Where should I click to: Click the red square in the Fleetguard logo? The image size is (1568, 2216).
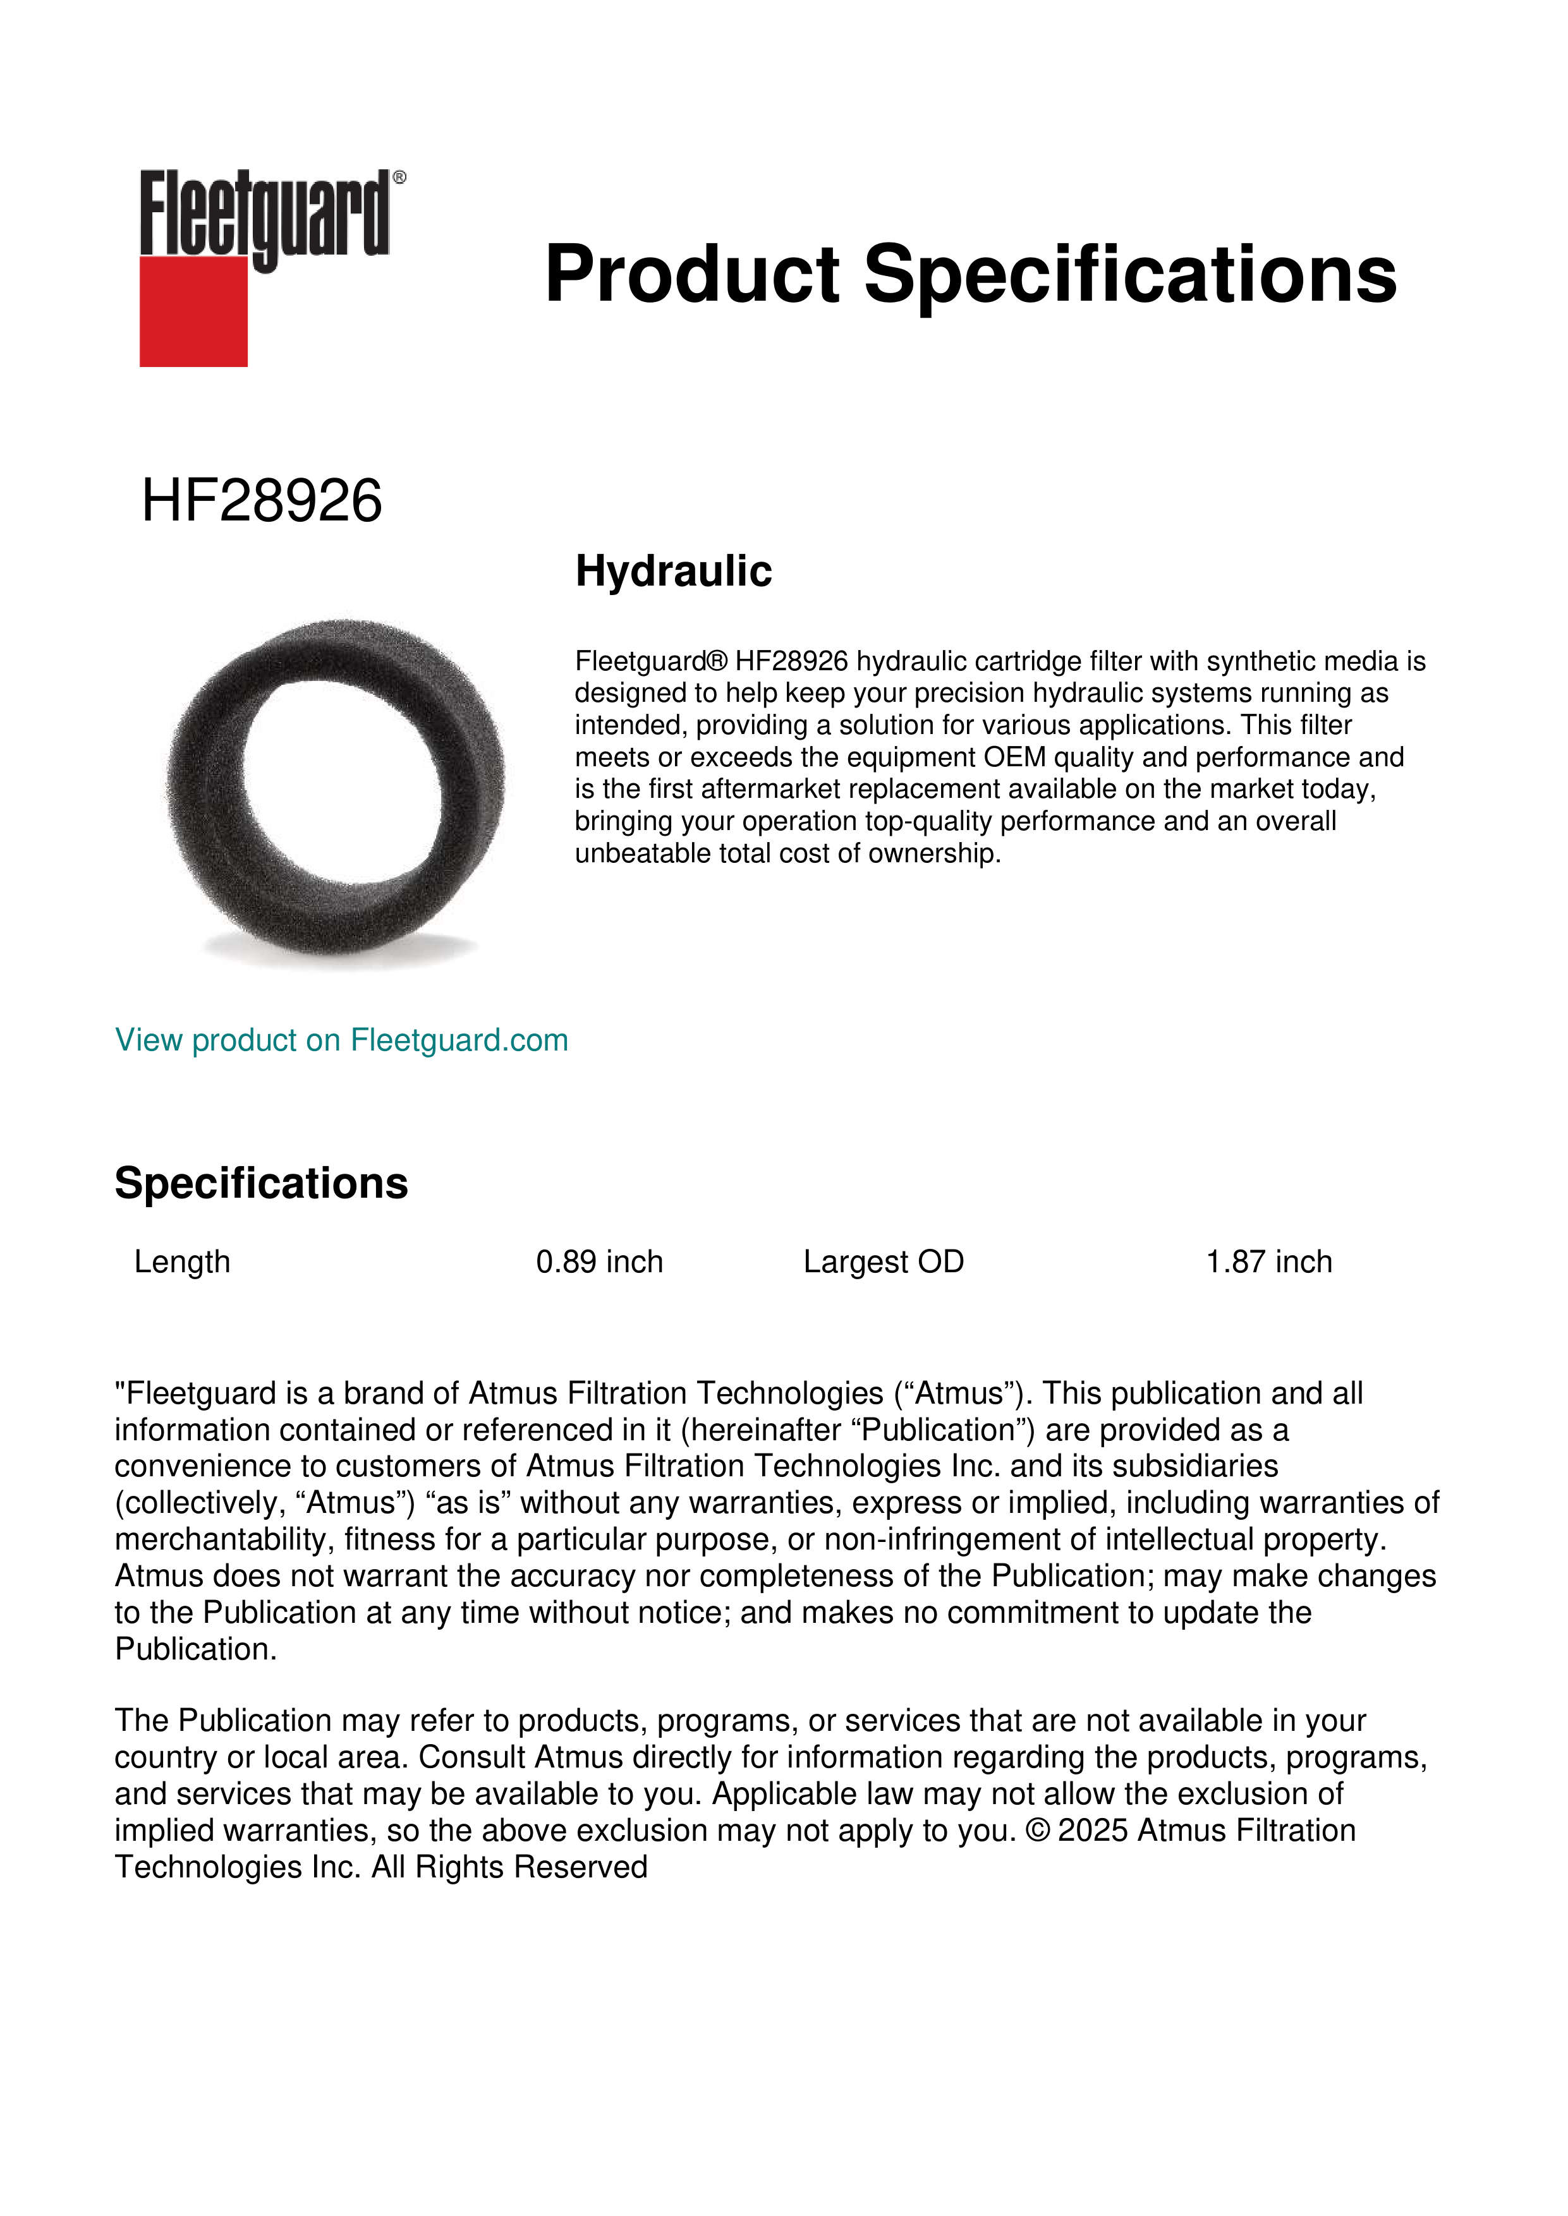[x=193, y=311]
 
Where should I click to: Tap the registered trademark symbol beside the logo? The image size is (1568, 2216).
[x=399, y=178]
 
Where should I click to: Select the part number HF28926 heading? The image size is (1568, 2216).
[x=262, y=501]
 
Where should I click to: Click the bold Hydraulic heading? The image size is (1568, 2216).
[x=673, y=570]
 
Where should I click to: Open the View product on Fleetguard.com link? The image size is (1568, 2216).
[x=341, y=1040]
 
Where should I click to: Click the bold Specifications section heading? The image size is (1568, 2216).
[x=260, y=1183]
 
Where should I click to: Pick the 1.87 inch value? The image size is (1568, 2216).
[x=1268, y=1262]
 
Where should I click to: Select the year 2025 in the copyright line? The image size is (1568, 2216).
[x=1092, y=1830]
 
